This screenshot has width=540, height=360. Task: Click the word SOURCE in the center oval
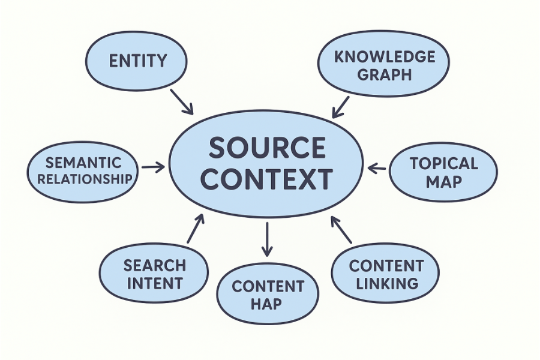tap(267, 148)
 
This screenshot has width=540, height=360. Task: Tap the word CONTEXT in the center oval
tap(267, 179)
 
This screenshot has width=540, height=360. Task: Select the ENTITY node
tap(136, 61)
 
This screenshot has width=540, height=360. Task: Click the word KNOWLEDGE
tap(385, 57)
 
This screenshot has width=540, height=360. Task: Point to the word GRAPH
tap(385, 74)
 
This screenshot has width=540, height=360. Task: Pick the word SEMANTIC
tap(83, 163)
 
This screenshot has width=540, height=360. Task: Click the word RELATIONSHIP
tap(85, 179)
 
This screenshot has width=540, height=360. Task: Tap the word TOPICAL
tap(444, 164)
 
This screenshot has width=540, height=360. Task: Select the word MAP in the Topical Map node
tap(444, 182)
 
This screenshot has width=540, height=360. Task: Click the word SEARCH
tap(155, 266)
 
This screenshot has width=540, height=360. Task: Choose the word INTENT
tap(155, 283)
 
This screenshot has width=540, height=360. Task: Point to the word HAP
tap(266, 304)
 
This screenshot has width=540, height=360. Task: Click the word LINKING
tap(387, 284)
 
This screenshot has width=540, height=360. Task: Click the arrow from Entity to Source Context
tap(182, 102)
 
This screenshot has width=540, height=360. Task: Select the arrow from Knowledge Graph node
tap(341, 107)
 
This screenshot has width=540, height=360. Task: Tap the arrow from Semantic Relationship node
tap(153, 167)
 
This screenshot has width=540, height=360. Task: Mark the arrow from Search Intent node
tap(196, 229)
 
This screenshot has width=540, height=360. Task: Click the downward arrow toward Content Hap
tap(267, 239)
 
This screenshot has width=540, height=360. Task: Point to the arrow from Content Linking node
tap(341, 230)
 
